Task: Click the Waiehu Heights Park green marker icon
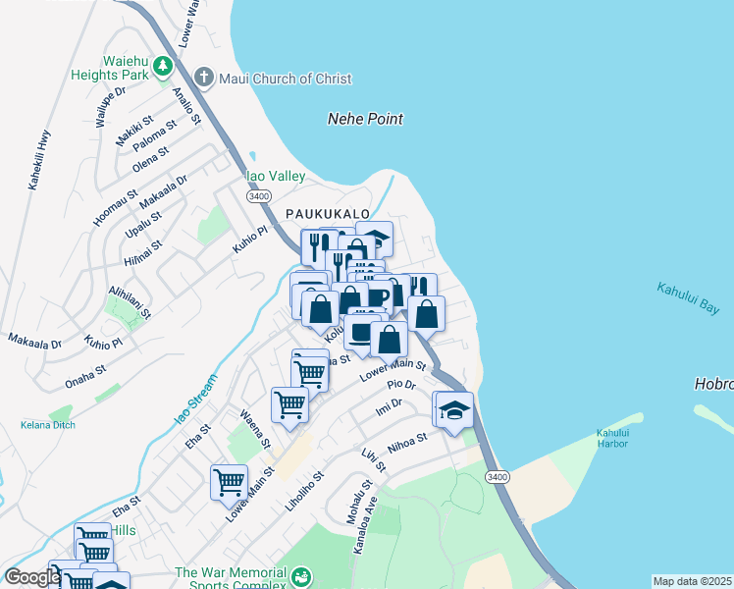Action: point(162,67)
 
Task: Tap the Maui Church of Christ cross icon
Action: point(204,77)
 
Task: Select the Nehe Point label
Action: point(365,119)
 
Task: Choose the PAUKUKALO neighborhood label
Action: point(328,213)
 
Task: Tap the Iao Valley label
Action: point(276,176)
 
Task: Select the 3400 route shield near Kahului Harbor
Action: point(498,477)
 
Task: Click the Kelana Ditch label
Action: point(48,425)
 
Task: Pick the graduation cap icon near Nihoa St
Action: point(454,408)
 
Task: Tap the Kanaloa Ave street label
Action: point(365,529)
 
